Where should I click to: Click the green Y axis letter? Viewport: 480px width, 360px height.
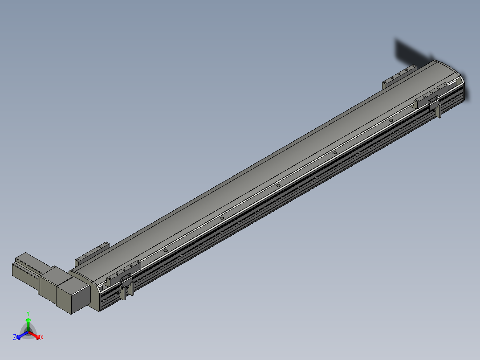(28, 313)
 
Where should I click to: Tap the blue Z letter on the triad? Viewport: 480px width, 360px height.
(15, 337)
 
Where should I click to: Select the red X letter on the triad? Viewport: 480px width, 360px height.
(42, 338)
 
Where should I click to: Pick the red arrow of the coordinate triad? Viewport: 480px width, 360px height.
(36, 335)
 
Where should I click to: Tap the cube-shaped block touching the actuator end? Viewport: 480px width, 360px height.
(73, 293)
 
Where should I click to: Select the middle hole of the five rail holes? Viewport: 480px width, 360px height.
(278, 185)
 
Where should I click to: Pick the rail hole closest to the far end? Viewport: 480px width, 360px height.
(391, 120)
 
